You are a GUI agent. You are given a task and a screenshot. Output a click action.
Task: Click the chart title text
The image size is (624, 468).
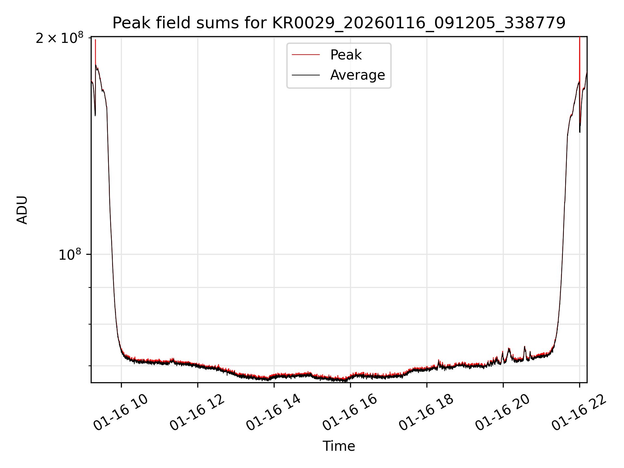(339, 23)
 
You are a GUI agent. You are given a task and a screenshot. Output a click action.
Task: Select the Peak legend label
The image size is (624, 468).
(346, 55)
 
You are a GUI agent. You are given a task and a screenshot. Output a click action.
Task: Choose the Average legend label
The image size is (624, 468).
(357, 75)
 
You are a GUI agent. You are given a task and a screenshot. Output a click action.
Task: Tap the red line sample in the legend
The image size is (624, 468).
(306, 55)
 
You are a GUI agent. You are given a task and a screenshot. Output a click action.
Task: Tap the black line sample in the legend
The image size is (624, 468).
(306, 75)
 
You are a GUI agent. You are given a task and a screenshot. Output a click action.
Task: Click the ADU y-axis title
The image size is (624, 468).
(22, 210)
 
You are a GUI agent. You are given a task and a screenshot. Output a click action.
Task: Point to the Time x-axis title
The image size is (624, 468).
(339, 446)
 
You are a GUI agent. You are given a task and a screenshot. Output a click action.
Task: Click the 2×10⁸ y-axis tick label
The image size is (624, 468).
(59, 38)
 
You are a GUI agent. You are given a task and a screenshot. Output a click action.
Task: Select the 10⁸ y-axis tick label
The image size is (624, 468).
(70, 255)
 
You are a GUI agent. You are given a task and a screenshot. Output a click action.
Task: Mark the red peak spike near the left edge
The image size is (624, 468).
(95, 49)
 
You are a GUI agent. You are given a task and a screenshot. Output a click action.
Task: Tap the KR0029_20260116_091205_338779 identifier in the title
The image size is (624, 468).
(419, 23)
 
